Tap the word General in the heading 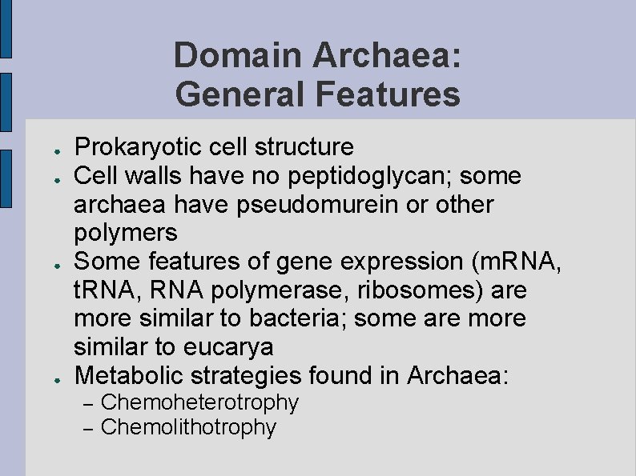[240, 94]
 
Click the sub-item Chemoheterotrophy [200, 402]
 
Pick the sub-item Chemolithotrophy [188, 427]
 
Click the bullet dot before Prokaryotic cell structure [49, 150]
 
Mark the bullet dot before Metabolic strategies [49, 377]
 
